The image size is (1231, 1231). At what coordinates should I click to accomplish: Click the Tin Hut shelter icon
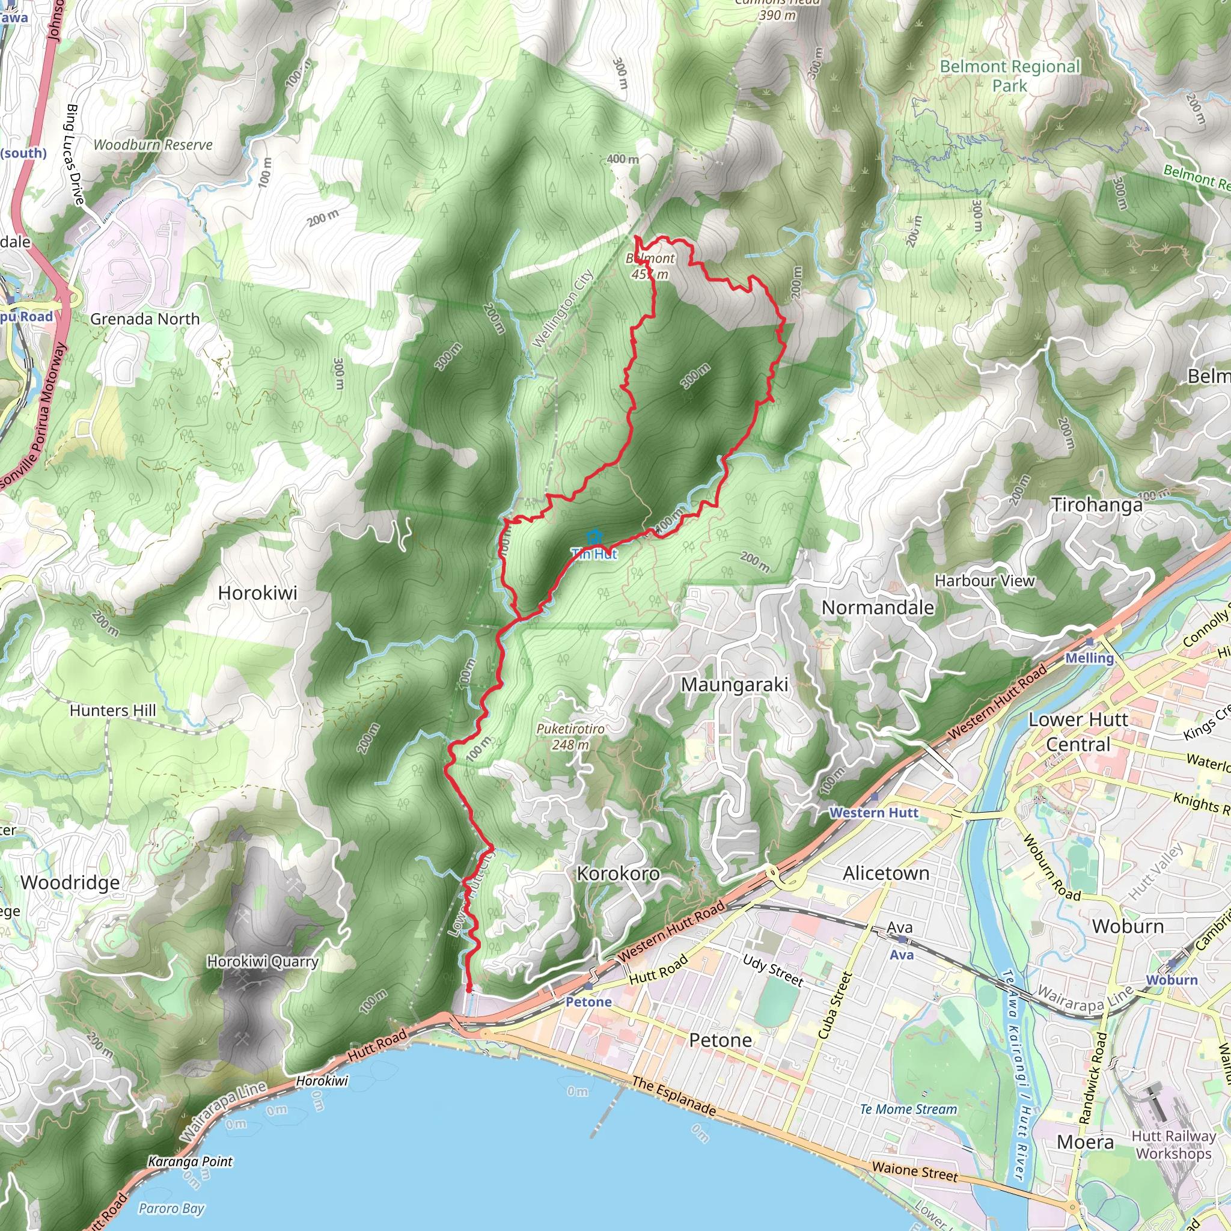tap(594, 537)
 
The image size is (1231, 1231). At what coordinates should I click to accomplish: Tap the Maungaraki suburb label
tap(734, 685)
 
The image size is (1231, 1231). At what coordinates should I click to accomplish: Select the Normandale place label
tap(878, 608)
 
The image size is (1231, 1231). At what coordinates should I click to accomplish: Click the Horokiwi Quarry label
tap(263, 962)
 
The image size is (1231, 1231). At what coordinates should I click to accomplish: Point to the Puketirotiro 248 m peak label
tap(570, 736)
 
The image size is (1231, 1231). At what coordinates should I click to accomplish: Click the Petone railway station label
tap(588, 1002)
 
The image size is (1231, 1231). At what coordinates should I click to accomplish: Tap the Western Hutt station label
tap(873, 813)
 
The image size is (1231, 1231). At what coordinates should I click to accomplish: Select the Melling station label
tap(1089, 658)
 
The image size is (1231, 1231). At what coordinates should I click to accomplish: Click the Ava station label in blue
tap(902, 955)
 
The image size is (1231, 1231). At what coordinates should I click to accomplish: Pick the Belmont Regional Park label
tap(1009, 76)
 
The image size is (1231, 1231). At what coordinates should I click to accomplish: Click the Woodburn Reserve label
tap(153, 145)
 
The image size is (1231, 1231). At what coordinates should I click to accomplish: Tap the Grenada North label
tap(145, 319)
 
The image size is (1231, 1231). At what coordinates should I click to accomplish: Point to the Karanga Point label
tap(191, 1161)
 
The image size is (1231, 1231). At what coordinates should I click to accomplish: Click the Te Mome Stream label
tap(908, 1110)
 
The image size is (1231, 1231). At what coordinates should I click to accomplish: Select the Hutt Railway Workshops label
tap(1174, 1144)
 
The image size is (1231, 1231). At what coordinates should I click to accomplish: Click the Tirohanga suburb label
tap(1096, 506)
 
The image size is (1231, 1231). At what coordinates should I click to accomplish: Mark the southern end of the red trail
tap(469, 989)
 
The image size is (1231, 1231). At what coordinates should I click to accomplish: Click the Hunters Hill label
tap(112, 710)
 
